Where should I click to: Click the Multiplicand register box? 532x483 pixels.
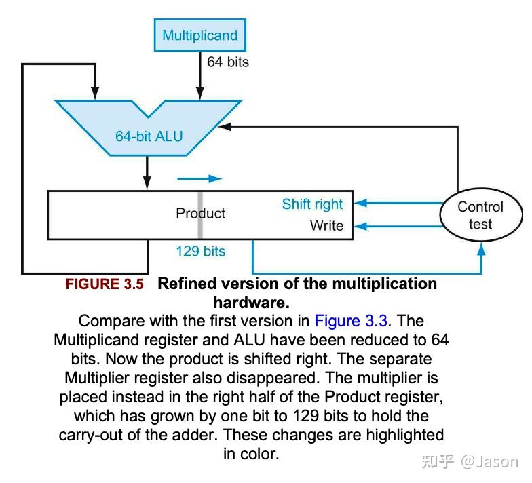[200, 35]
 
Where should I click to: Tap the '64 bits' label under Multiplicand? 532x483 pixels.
[228, 62]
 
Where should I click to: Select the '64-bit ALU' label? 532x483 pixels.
[149, 136]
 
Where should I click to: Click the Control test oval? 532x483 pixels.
[480, 215]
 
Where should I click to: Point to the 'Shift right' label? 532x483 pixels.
[312, 204]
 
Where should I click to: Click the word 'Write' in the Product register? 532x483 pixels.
[326, 226]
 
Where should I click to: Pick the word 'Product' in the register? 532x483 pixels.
[200, 213]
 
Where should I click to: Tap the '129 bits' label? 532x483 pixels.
[200, 251]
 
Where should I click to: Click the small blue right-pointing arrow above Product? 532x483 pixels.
[199, 179]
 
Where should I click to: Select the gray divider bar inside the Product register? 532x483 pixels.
[200, 215]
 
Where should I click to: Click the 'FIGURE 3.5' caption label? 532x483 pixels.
[104, 284]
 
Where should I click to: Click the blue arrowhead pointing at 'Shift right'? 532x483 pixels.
[360, 202]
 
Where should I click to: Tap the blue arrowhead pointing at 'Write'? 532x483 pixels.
[360, 226]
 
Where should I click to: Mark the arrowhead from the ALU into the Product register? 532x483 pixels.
[148, 185]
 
